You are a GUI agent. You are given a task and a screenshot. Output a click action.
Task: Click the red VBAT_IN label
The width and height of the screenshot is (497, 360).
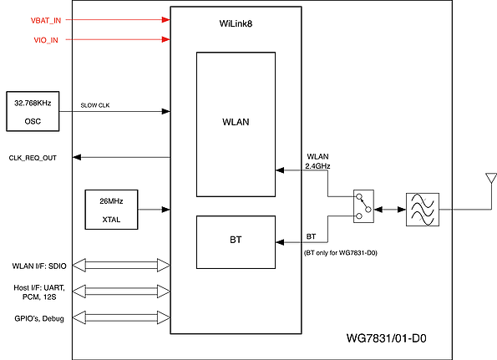46,21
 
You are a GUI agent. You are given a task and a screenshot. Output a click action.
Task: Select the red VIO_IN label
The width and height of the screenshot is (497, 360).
46,40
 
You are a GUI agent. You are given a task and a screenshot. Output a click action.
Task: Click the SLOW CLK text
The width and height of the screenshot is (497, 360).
95,105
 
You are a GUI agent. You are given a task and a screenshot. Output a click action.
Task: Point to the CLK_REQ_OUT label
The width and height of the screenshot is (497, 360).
33,158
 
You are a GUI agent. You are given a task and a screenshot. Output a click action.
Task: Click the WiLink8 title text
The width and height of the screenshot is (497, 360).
236,23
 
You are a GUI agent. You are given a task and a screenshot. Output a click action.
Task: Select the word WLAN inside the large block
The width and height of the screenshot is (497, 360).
236,122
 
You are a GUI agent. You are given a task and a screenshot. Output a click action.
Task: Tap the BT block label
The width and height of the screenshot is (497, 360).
236,240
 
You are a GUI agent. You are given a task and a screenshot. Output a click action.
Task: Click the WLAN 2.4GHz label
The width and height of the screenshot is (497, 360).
317,161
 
